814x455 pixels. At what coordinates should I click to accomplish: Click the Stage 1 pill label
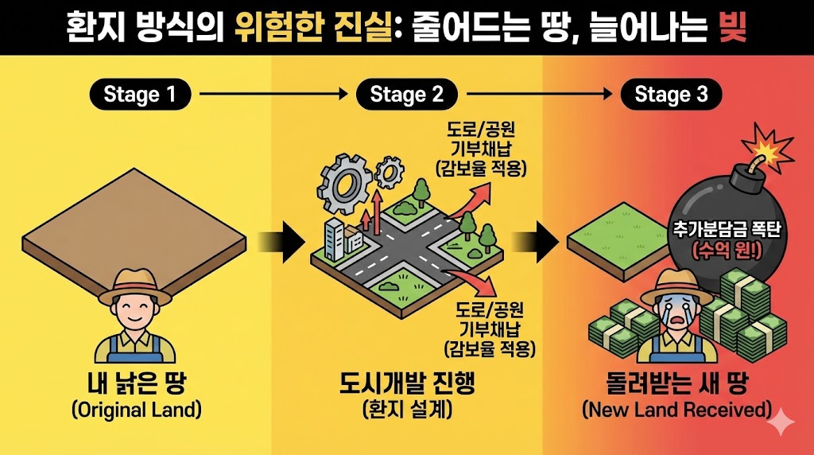(140, 95)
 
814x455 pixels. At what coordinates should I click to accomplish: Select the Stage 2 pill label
(406, 95)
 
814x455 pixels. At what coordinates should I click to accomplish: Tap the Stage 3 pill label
(671, 95)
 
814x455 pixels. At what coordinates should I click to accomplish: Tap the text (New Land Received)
(677, 410)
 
